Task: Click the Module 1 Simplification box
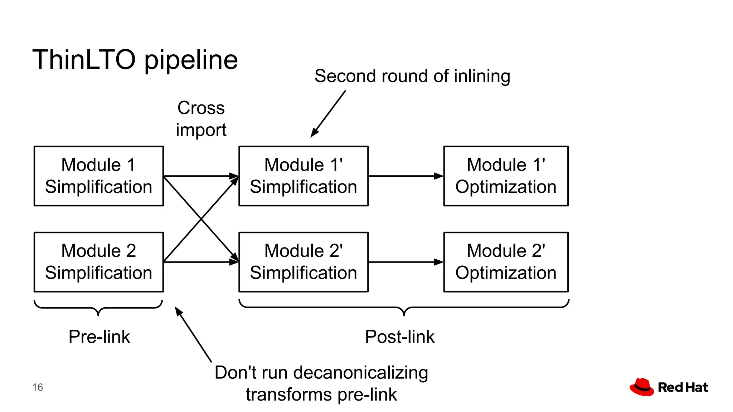click(98, 176)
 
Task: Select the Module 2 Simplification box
click(98, 262)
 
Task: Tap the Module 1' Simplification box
click(303, 176)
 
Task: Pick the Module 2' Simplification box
click(303, 262)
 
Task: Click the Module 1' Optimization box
click(506, 176)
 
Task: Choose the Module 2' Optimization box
click(506, 262)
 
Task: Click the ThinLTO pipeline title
click(135, 60)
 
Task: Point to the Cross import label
click(201, 119)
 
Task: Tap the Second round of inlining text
click(412, 76)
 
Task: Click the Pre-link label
click(99, 337)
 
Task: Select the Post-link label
click(399, 337)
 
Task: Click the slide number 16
click(38, 387)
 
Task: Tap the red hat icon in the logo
click(642, 387)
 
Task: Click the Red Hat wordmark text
click(683, 387)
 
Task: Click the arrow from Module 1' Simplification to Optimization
click(406, 176)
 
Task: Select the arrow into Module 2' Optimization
click(406, 262)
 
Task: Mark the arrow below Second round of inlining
click(328, 114)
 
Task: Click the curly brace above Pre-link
click(98, 307)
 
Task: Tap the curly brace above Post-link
click(404, 307)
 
